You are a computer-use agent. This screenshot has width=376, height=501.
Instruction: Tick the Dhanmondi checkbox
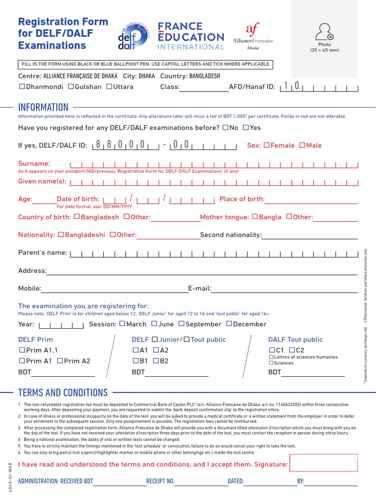tap(22, 87)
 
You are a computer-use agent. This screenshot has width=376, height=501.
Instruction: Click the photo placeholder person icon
tap(324, 31)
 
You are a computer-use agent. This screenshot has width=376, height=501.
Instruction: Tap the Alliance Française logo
tap(253, 36)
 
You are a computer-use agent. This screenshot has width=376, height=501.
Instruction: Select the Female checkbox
tap(266, 145)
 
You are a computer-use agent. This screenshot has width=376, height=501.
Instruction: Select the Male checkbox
tap(302, 145)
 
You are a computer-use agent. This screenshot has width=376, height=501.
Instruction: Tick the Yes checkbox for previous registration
tap(246, 128)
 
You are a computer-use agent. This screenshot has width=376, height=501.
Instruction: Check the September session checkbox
tap(181, 324)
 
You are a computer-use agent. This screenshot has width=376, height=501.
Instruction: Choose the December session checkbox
tap(229, 324)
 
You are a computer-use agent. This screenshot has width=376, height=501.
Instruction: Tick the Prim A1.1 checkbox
tap(22, 350)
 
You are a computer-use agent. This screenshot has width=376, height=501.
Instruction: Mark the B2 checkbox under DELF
tap(156, 361)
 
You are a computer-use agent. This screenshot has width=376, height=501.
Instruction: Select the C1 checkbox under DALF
tap(272, 350)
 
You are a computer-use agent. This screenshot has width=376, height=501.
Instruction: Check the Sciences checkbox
tap(271, 363)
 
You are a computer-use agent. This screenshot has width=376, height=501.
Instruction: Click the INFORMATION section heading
tap(43, 107)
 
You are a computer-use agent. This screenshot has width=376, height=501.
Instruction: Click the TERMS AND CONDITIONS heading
tap(63, 393)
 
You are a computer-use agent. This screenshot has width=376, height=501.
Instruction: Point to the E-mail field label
tap(199, 289)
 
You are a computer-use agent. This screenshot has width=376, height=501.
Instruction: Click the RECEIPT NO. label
tap(160, 481)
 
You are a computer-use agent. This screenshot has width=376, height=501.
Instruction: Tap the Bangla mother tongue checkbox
tap(255, 217)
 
